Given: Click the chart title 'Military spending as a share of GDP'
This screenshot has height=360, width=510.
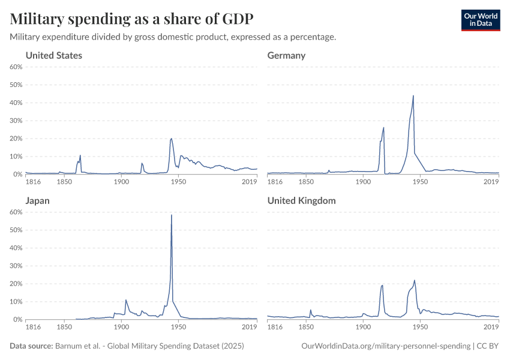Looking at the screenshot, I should tap(131, 19).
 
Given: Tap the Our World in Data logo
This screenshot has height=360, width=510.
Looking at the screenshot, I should tap(480, 20).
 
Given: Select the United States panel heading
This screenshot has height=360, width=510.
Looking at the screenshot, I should tap(54, 56).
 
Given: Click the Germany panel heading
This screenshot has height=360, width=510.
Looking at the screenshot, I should tap(286, 56).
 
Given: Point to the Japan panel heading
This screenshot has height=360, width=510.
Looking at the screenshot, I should tap(37, 201).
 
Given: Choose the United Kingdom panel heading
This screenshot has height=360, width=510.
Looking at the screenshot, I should tap(301, 201).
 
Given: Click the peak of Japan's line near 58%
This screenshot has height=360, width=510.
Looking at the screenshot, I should tap(172, 215).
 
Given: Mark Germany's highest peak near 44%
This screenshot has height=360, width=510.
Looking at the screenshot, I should tap(413, 95).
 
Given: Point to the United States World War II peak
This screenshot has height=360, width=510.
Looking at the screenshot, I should tap(172, 139).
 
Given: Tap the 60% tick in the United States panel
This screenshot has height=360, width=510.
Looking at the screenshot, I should tap(16, 67).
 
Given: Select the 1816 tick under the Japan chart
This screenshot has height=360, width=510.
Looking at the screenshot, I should tap(32, 327).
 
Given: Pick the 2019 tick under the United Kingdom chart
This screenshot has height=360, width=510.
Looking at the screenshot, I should tap(491, 327).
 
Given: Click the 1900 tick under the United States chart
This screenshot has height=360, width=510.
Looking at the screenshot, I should tap(121, 182).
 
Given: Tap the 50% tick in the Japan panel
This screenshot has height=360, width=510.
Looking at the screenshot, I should tap(16, 230).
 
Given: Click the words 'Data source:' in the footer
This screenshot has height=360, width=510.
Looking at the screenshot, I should tap(31, 346).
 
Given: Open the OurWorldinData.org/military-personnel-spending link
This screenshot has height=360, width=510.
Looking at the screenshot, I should tap(385, 346).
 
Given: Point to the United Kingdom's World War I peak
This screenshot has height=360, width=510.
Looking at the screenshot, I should tap(382, 285).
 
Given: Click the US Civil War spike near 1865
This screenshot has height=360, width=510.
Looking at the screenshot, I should tap(80, 155).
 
